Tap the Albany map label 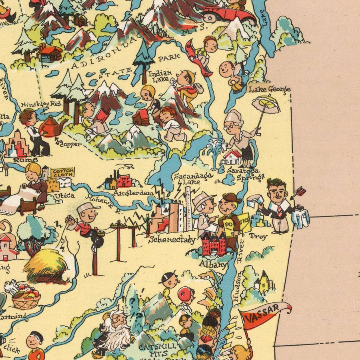coord(213,264)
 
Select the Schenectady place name coord(172,240)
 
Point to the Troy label coord(258,236)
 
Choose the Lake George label coord(269,89)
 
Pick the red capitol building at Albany coord(214,245)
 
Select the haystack coord(46,264)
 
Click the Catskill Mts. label coord(157,349)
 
